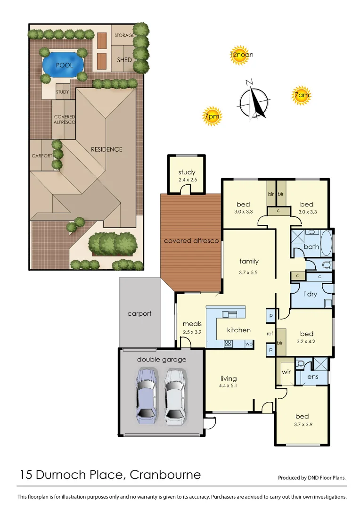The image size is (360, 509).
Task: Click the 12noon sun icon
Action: [240, 55]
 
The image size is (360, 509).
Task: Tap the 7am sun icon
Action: [302, 96]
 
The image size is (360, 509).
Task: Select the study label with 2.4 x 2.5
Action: [187, 175]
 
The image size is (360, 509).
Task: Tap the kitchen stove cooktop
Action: [228, 344]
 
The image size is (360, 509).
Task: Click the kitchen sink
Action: [231, 314]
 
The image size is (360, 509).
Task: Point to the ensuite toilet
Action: [300, 364]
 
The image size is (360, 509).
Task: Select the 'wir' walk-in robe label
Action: [286, 372]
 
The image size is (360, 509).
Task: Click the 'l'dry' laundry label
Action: [310, 294]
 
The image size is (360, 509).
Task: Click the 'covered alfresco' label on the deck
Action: [191, 241]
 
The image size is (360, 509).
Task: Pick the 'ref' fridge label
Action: [270, 334]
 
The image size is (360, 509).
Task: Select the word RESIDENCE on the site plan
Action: [106, 149]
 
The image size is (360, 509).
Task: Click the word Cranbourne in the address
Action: [165, 475]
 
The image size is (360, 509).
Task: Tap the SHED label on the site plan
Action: [124, 60]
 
